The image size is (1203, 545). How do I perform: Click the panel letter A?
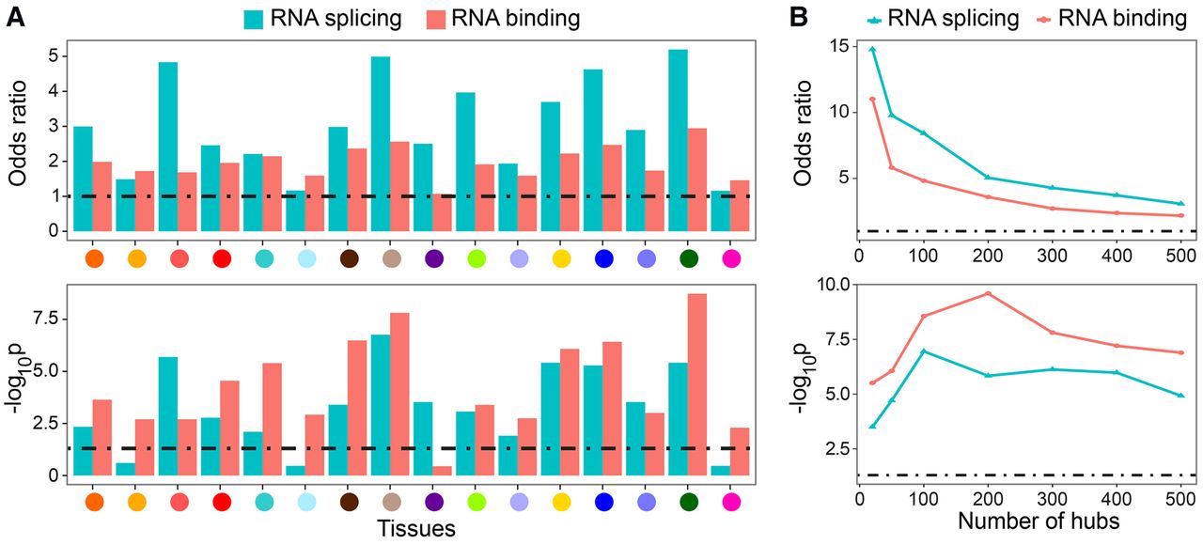click(16, 17)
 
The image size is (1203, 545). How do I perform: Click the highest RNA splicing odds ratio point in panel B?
click(872, 49)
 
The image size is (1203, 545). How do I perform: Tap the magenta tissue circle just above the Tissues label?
click(730, 502)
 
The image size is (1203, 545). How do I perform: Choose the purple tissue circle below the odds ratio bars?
click(433, 257)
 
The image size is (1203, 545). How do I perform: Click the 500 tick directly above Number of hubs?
click(1181, 496)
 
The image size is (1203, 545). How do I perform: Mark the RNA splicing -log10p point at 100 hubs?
click(924, 350)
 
